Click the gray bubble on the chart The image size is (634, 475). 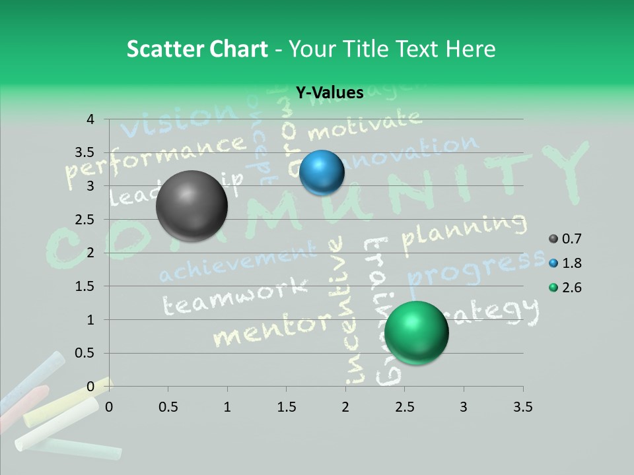[x=192, y=206]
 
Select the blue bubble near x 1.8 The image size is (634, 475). [x=322, y=172]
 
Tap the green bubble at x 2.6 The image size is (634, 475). [x=416, y=332]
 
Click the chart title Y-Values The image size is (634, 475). [x=329, y=93]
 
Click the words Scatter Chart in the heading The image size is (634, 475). [x=197, y=49]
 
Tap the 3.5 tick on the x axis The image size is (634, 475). [x=522, y=407]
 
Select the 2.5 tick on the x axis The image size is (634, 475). [x=404, y=407]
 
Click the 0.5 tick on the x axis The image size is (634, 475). [x=168, y=407]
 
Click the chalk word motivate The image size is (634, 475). [x=364, y=125]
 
